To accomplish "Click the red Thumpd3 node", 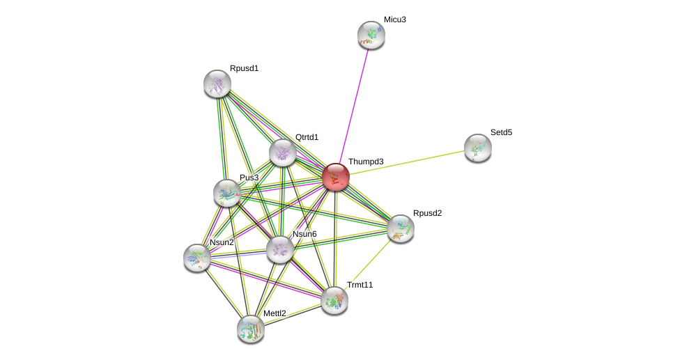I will point(335,177).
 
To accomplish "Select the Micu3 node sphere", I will point(371,35).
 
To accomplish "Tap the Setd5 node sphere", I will point(478,148).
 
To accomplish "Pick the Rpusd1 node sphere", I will point(217,84).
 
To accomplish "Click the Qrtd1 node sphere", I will point(283,152).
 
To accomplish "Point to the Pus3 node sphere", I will point(227,193).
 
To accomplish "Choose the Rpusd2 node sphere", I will point(401,228).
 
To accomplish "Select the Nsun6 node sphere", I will point(280,249).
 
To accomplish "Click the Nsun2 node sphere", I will point(197,258).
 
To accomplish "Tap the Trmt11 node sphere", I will point(334,300).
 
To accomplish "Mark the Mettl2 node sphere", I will point(251,329).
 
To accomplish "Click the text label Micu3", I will point(394,19).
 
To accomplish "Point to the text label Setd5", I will point(501,132).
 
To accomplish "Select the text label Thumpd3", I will point(366,162).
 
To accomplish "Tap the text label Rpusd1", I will point(244,68).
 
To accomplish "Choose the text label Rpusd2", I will point(427,213).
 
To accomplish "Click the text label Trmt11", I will point(360,285).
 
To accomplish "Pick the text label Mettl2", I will point(275,313).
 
